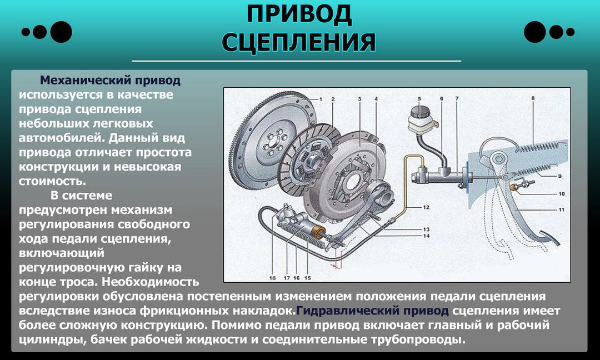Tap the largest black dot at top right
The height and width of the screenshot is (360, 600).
[x=535, y=32]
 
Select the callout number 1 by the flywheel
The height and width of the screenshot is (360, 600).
[x=321, y=99]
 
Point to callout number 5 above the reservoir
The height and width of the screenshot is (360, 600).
[x=419, y=99]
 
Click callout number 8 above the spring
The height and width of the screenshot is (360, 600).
[x=532, y=99]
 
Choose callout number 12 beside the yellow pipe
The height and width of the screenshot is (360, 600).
[x=426, y=207]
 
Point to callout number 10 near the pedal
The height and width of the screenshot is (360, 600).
[x=561, y=194]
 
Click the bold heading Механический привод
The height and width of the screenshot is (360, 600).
[x=110, y=81]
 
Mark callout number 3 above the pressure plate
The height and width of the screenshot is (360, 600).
[x=359, y=99]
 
